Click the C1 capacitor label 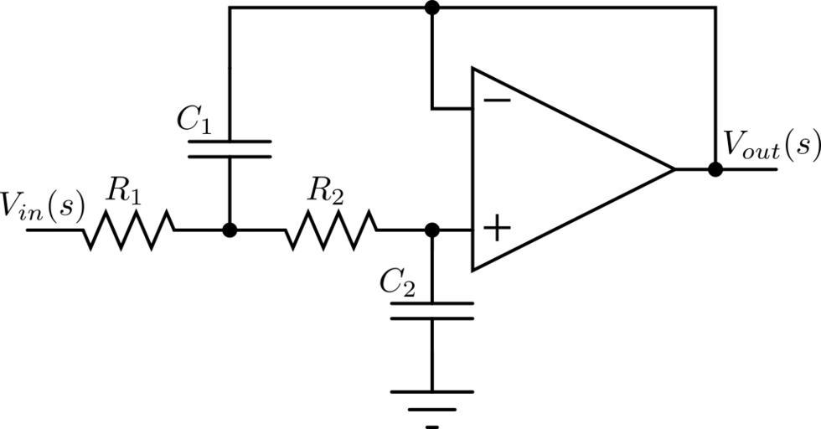click(194, 121)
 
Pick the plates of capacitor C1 click(230, 149)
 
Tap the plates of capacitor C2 click(432, 311)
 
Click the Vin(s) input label click(42, 206)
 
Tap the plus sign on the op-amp click(497, 228)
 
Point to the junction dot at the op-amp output click(715, 169)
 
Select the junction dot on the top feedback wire click(432, 8)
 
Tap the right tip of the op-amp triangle click(673, 169)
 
